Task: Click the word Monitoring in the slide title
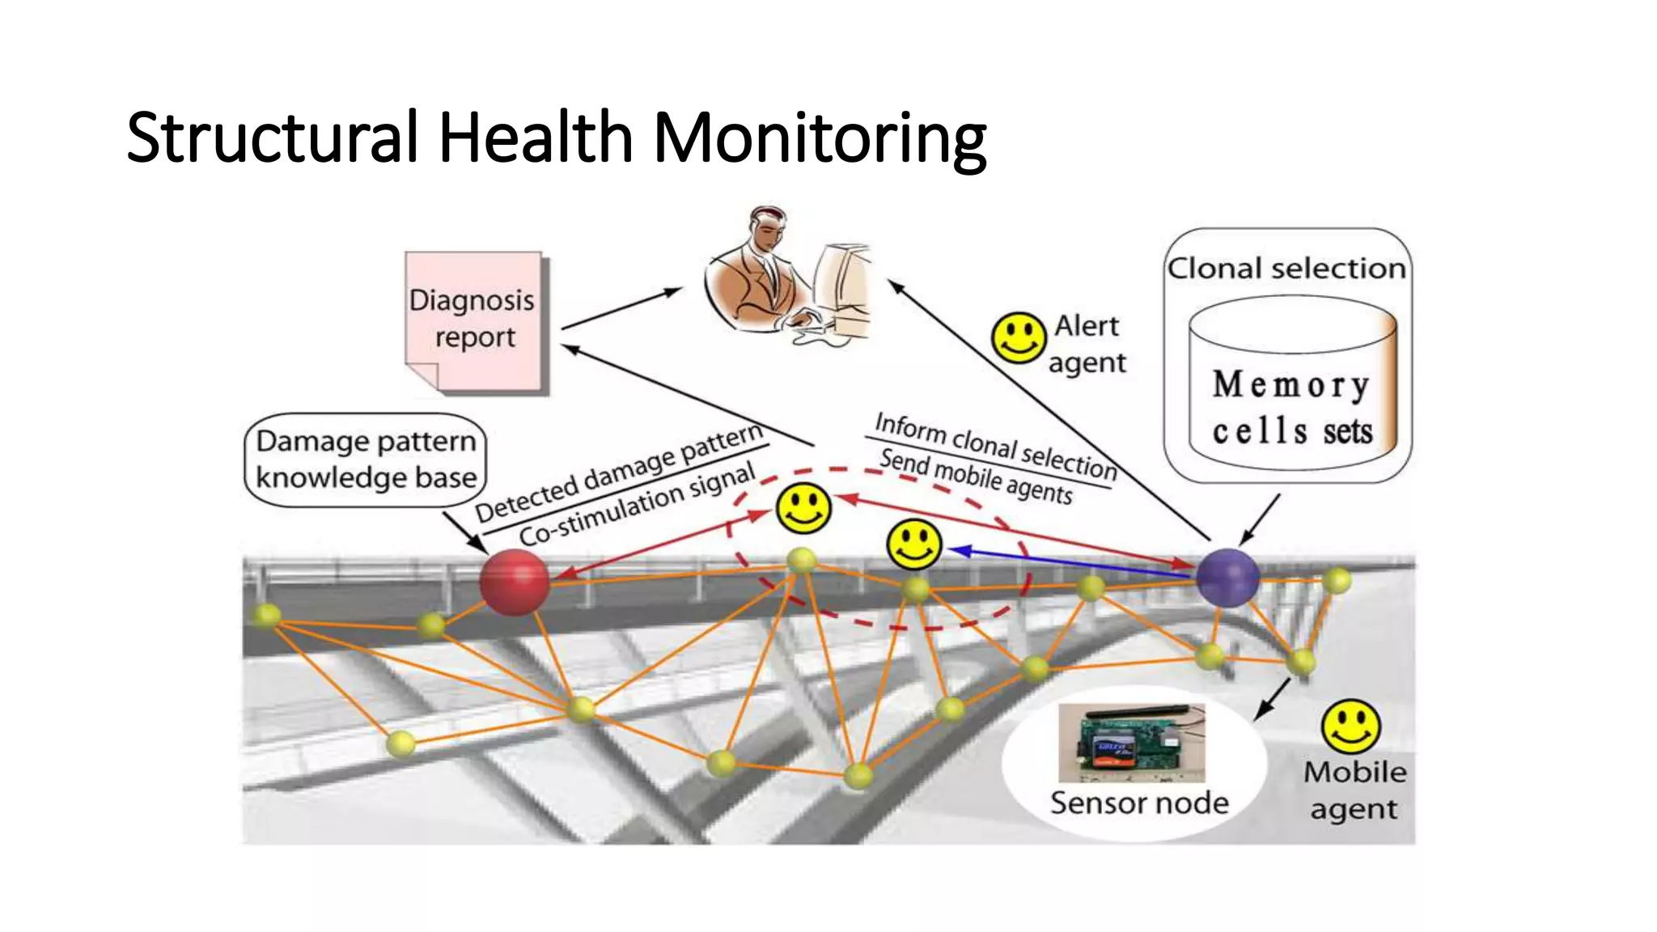pyautogui.click(x=819, y=138)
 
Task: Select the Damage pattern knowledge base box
pyautogui.click(x=366, y=460)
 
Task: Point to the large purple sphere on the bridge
pyautogui.click(x=1227, y=577)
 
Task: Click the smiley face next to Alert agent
pyautogui.click(x=1019, y=337)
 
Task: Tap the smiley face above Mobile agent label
pyautogui.click(x=1350, y=725)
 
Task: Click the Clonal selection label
pyautogui.click(x=1286, y=268)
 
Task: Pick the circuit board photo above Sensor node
pyautogui.click(x=1131, y=742)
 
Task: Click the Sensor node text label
pyautogui.click(x=1139, y=803)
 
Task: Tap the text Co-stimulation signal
pyautogui.click(x=638, y=504)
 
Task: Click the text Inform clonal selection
pyautogui.click(x=995, y=445)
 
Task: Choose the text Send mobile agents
pyautogui.click(x=976, y=476)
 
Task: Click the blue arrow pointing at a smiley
pyautogui.click(x=1068, y=561)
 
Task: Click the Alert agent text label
pyautogui.click(x=1087, y=344)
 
